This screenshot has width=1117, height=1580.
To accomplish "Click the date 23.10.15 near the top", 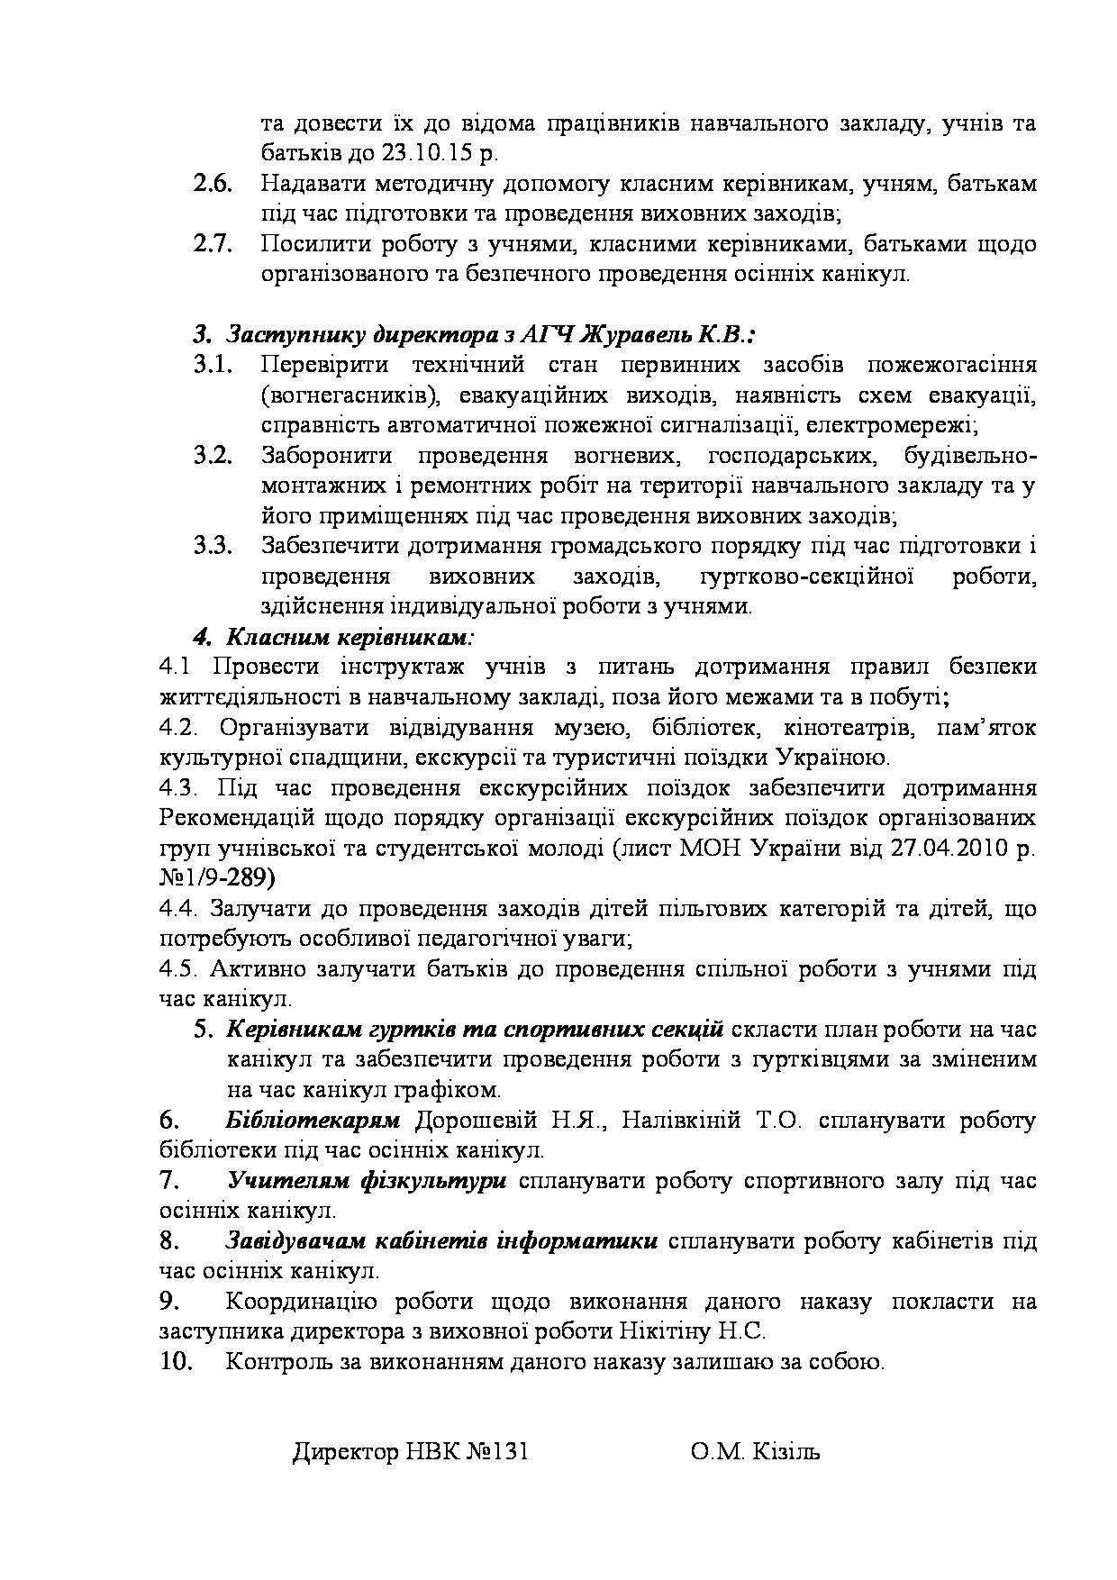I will click(430, 153).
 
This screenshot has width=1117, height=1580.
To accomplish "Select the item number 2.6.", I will click(213, 184).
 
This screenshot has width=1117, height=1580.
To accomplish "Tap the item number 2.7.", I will click(213, 244).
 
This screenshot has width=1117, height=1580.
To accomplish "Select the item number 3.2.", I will click(213, 456).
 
